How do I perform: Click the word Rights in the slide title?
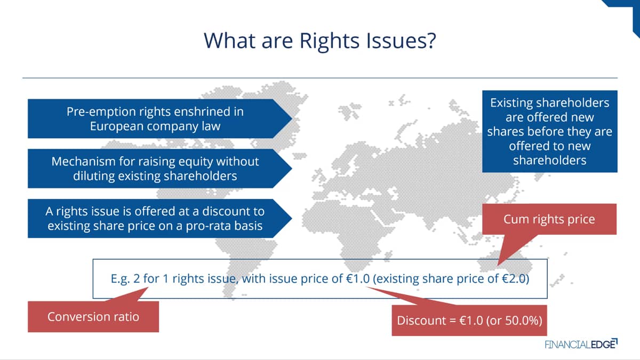point(329,42)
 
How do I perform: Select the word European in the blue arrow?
point(117,126)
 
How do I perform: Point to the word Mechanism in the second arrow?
point(83,162)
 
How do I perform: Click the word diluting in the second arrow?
point(93,176)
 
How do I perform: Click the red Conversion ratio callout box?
point(93,317)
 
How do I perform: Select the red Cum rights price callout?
point(549,219)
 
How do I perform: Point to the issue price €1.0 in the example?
point(358,278)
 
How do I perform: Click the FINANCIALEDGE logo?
point(581,344)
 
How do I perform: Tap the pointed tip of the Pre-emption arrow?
point(292,118)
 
